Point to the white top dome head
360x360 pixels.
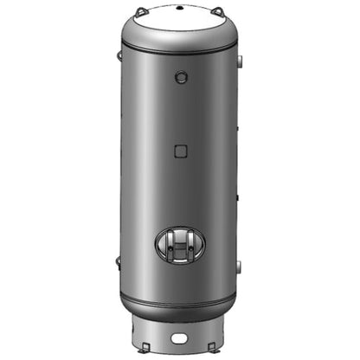tap(180, 24)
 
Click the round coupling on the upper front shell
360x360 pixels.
tap(180, 78)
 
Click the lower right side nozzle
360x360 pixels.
tap(240, 264)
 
